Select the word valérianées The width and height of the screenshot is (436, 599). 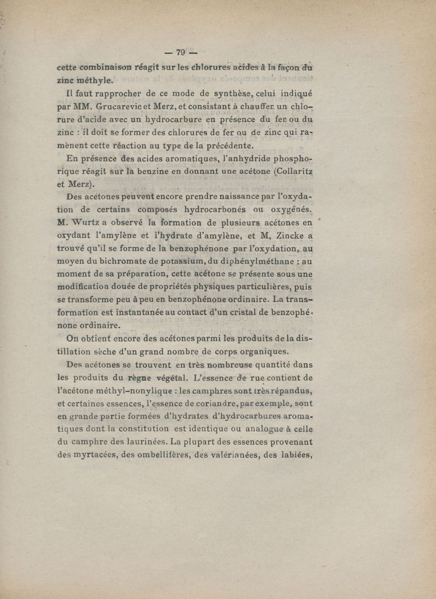tap(243, 457)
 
